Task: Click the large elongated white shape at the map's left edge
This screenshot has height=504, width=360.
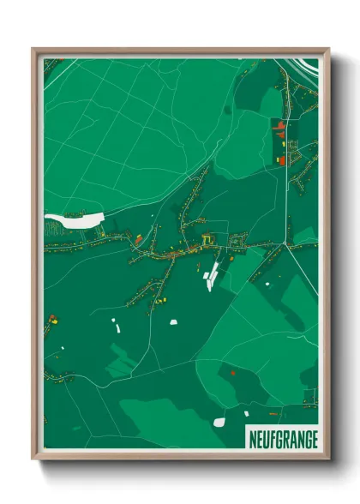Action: pos(74,219)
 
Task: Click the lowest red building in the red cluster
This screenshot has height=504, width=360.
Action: pos(281,159)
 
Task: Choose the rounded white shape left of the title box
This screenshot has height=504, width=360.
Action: pos(219,423)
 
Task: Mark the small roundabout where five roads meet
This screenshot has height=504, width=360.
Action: pos(289,247)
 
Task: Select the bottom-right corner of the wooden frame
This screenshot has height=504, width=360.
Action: pos(328,458)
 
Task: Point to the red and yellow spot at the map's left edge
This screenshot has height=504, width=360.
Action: pos(53,320)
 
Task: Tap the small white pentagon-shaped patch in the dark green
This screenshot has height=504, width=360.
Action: pos(174,322)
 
